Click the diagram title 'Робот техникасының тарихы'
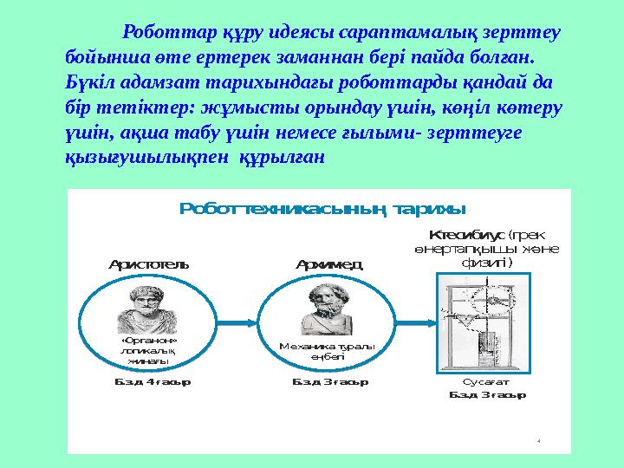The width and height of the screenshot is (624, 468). point(322,209)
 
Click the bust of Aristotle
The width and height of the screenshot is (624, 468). point(146,308)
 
